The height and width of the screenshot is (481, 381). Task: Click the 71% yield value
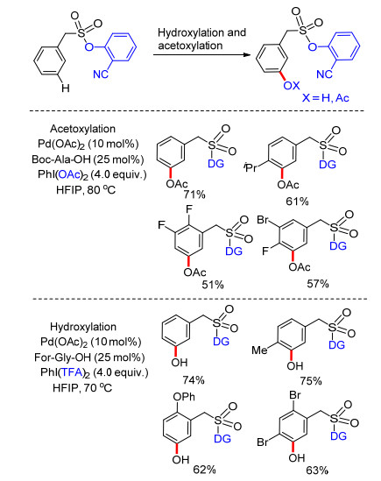(x=194, y=195)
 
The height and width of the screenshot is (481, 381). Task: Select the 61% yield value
(x=297, y=202)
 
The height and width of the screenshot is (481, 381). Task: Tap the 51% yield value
(x=213, y=285)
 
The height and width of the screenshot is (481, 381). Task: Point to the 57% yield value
(x=318, y=284)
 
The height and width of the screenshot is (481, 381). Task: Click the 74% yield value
(x=194, y=380)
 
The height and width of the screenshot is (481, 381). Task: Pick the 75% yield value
(x=311, y=381)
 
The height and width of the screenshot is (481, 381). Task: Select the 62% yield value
(x=204, y=470)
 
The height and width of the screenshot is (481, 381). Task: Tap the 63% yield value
(x=317, y=470)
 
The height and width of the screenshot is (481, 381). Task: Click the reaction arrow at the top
(x=202, y=54)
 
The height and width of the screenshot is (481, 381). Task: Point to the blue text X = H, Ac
(x=326, y=98)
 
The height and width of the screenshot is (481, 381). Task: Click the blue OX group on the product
(x=291, y=85)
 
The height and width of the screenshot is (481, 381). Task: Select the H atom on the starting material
(x=66, y=88)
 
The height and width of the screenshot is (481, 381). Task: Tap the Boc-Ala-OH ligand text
(x=88, y=159)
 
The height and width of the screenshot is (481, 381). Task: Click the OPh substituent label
(x=184, y=397)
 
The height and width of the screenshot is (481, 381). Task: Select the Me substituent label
(x=259, y=350)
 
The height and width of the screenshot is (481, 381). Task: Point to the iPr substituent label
(x=250, y=168)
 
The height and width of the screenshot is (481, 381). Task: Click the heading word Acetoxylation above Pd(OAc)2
(x=83, y=129)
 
